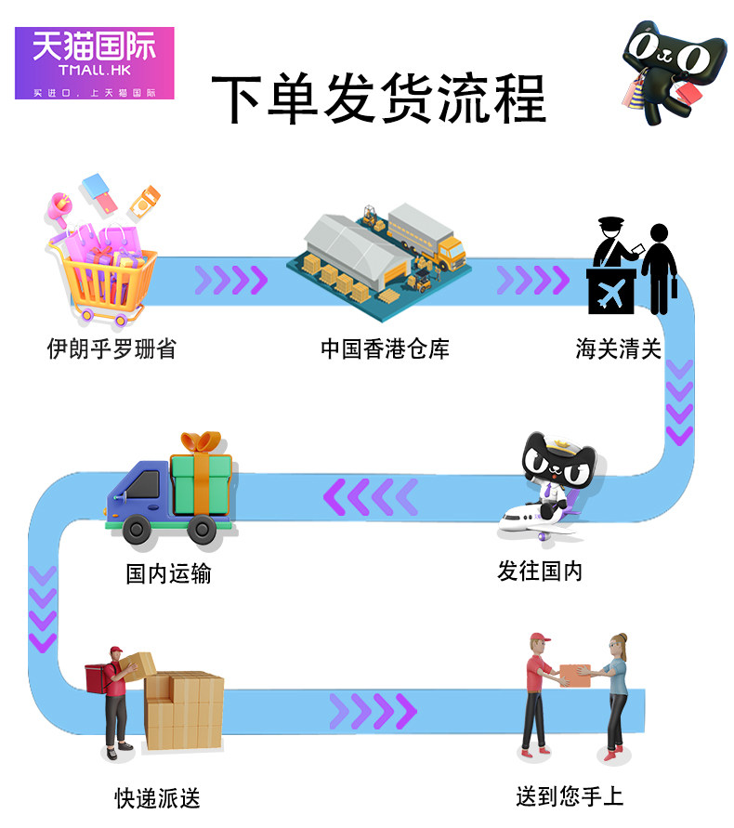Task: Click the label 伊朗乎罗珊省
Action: [x=111, y=348]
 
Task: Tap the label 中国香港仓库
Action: [x=385, y=349]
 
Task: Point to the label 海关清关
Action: [x=618, y=349]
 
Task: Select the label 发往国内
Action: [x=540, y=571]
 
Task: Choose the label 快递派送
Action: [x=157, y=797]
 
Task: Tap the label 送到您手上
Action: [x=570, y=796]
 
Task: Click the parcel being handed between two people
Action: [x=575, y=675]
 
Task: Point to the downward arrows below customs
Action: [x=679, y=401]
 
